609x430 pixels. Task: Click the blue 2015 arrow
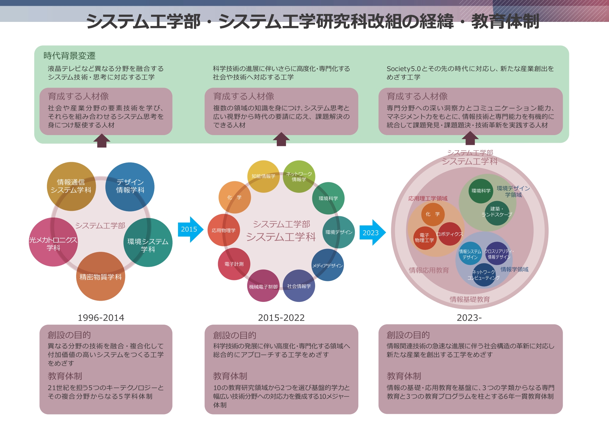click(190, 229)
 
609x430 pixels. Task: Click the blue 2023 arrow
click(372, 232)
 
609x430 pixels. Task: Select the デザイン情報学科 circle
click(130, 186)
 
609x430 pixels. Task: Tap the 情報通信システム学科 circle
click(71, 186)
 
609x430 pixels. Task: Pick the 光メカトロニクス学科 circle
click(53, 242)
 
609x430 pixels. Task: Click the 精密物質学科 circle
click(101, 277)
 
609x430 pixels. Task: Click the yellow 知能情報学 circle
click(263, 176)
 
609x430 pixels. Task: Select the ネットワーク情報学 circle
click(299, 177)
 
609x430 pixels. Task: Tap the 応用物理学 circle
click(224, 230)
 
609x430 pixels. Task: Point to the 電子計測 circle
click(234, 264)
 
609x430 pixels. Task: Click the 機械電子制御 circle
click(263, 286)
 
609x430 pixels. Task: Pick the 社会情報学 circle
click(299, 286)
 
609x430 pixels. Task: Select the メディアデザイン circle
click(328, 265)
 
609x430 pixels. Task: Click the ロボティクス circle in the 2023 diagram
click(450, 234)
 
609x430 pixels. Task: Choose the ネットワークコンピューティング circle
click(483, 275)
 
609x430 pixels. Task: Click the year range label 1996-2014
click(101, 318)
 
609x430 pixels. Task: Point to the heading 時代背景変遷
click(70, 56)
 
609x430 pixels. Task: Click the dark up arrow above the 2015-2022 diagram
click(281, 139)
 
